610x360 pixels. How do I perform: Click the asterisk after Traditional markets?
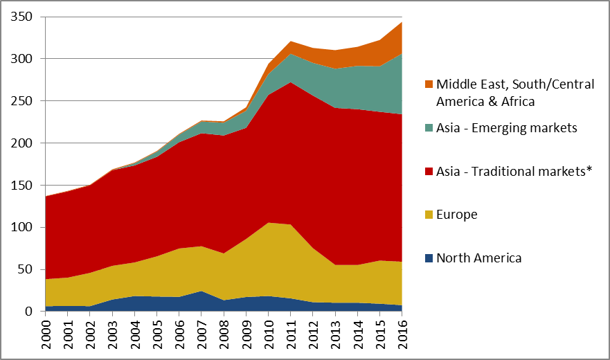click(x=590, y=170)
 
